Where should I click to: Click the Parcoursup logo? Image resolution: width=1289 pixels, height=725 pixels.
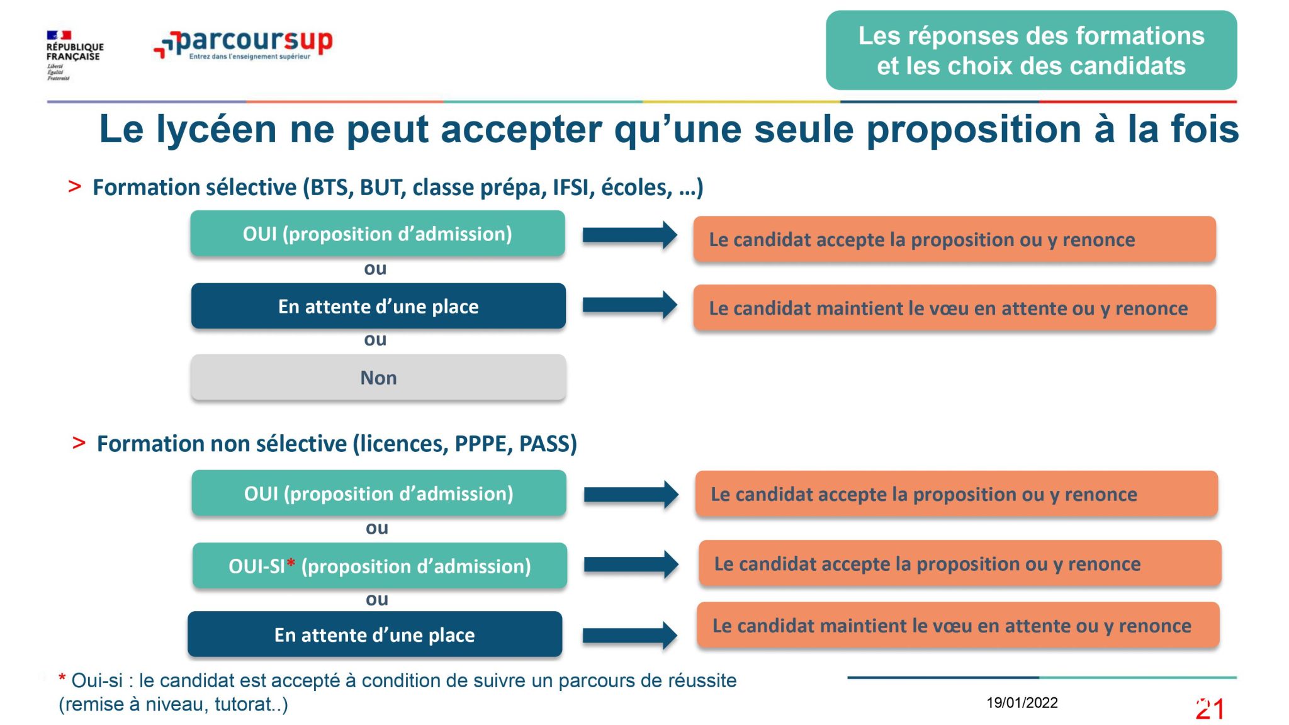(x=243, y=44)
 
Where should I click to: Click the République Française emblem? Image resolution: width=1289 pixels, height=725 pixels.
(x=74, y=55)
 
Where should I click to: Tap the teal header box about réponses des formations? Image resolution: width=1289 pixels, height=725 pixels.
(x=1031, y=50)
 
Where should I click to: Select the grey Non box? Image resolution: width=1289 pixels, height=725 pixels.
(x=378, y=377)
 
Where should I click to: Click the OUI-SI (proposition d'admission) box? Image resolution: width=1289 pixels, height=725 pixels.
(x=380, y=566)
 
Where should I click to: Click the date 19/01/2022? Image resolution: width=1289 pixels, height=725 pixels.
(x=1022, y=703)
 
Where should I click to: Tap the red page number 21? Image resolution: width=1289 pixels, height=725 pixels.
(x=1210, y=709)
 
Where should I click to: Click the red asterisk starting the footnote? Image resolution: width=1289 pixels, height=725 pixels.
(x=62, y=678)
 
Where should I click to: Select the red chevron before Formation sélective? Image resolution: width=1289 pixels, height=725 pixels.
(x=75, y=186)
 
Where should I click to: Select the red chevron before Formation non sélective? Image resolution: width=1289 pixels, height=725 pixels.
(x=79, y=442)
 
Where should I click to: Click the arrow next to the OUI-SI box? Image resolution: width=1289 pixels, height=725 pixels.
(x=631, y=564)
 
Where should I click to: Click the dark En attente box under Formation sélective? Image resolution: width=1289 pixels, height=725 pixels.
(x=378, y=306)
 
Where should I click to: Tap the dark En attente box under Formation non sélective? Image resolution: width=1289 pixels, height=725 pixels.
(x=374, y=634)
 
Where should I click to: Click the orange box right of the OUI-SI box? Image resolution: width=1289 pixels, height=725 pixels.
(x=960, y=563)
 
